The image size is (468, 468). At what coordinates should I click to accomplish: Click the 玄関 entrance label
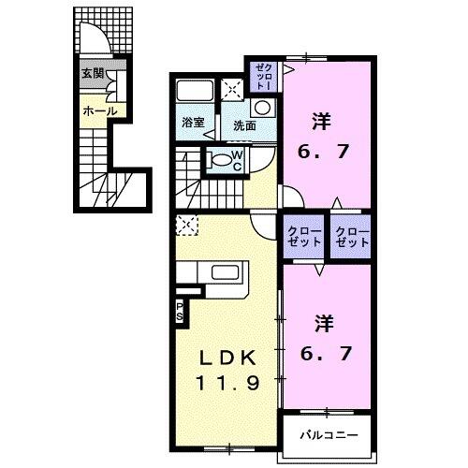[x=91, y=73]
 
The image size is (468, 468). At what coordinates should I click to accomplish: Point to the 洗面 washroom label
[x=245, y=124]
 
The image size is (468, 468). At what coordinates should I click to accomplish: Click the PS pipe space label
[x=179, y=312]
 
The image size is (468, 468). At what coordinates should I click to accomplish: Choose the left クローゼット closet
[x=304, y=234]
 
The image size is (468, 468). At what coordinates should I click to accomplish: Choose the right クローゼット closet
[x=352, y=234]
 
